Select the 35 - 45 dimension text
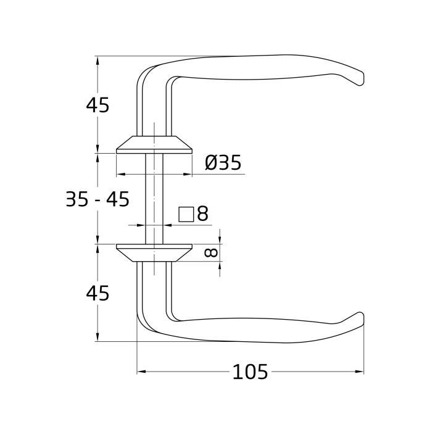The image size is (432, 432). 98,199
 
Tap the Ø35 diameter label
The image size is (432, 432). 223,163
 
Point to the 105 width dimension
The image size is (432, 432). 250,372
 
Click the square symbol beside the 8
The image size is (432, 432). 186,214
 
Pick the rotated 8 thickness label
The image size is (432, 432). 210,252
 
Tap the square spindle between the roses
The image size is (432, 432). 154,197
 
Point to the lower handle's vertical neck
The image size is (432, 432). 152,290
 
